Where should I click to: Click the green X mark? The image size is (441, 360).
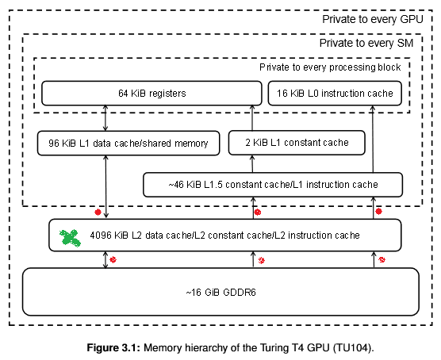[x=70, y=238]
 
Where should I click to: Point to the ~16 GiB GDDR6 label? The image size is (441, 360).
[x=220, y=293]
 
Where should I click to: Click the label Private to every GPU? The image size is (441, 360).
[x=372, y=19]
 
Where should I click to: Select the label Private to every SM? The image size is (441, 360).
[x=366, y=43]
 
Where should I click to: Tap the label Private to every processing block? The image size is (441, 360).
[x=330, y=67]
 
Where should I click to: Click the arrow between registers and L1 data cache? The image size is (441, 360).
[x=105, y=118]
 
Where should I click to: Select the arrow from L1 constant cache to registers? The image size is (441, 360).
[x=252, y=118]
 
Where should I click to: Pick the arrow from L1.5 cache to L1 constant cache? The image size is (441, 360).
[x=252, y=163]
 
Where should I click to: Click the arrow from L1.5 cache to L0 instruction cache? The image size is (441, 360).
[x=373, y=140]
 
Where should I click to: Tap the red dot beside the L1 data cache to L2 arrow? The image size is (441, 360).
[x=98, y=212]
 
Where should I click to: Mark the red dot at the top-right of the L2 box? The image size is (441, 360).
[x=379, y=211]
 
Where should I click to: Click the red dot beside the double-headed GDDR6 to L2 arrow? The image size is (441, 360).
[x=113, y=259]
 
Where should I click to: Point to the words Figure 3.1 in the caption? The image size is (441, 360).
[x=113, y=348]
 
